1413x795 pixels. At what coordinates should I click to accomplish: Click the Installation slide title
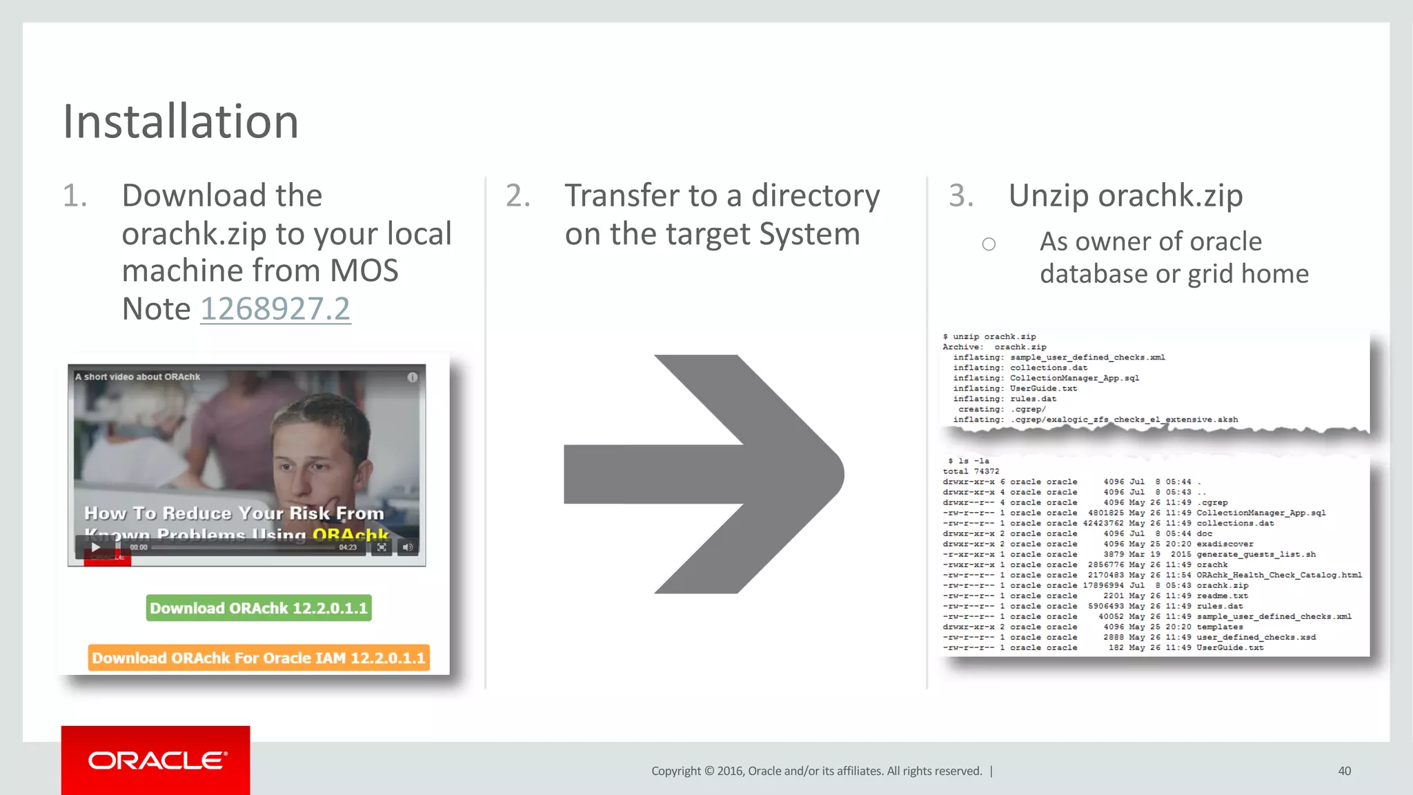[181, 121]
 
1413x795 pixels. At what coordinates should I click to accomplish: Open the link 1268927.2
[275, 308]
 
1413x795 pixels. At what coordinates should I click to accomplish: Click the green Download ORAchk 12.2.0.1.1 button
[259, 608]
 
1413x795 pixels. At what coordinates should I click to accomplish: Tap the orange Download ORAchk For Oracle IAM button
[259, 658]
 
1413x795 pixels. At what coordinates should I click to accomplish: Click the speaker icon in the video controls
[408, 547]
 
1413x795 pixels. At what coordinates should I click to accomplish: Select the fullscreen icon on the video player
[382, 547]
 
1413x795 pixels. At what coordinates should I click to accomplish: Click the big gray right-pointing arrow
[704, 474]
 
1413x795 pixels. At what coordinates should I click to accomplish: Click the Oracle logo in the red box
[157, 760]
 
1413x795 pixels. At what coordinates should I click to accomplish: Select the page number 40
[1344, 771]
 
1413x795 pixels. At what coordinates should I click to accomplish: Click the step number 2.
[517, 196]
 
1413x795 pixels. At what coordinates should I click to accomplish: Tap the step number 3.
[960, 196]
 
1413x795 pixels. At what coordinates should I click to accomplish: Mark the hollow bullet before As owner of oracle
[989, 244]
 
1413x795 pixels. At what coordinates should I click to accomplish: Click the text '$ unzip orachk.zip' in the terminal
[989, 337]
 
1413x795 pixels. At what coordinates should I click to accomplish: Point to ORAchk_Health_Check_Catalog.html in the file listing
[1278, 575]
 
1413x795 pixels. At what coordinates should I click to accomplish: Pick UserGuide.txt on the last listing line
[1229, 647]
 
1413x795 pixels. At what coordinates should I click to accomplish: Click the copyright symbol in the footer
[709, 771]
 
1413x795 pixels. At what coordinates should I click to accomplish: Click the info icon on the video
[413, 377]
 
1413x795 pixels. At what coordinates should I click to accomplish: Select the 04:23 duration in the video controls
[348, 547]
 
